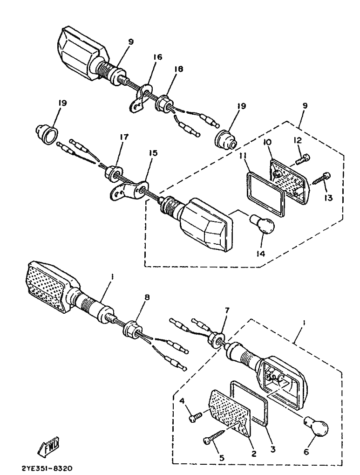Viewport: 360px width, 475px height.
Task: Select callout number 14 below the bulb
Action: (261, 253)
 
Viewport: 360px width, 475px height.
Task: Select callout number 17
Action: (124, 137)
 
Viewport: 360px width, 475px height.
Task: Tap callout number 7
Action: (227, 310)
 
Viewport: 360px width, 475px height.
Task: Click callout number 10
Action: (268, 142)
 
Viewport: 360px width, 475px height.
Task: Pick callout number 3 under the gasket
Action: (273, 449)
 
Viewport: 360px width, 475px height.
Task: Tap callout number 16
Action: (157, 57)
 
